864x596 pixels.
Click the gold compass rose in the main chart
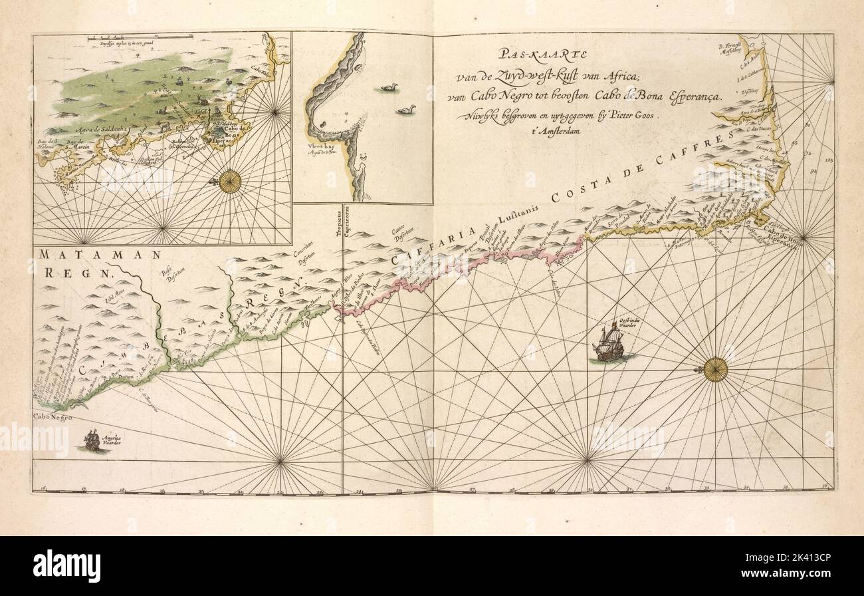click(x=715, y=369)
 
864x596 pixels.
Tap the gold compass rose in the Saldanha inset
click(x=230, y=181)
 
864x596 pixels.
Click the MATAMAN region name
click(x=100, y=255)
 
